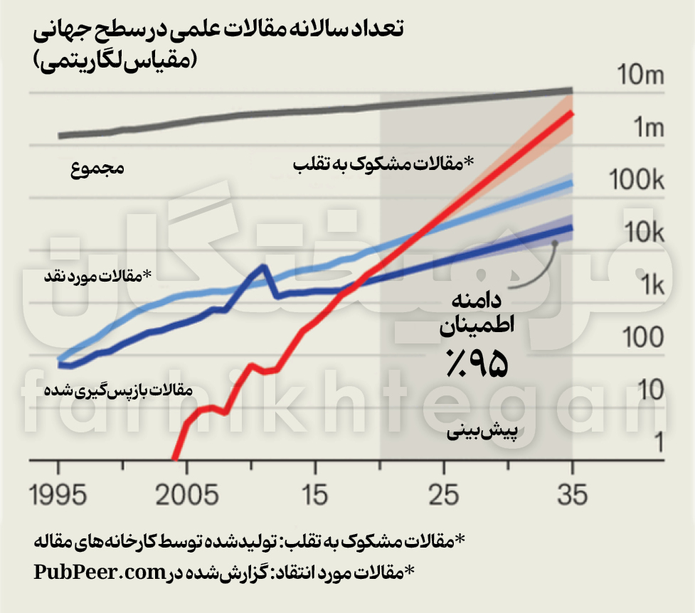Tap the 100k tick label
click(x=637, y=181)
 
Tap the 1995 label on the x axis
click(x=58, y=494)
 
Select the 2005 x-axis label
click(x=186, y=494)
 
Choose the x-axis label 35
click(x=572, y=494)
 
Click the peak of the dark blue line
click(x=263, y=267)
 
